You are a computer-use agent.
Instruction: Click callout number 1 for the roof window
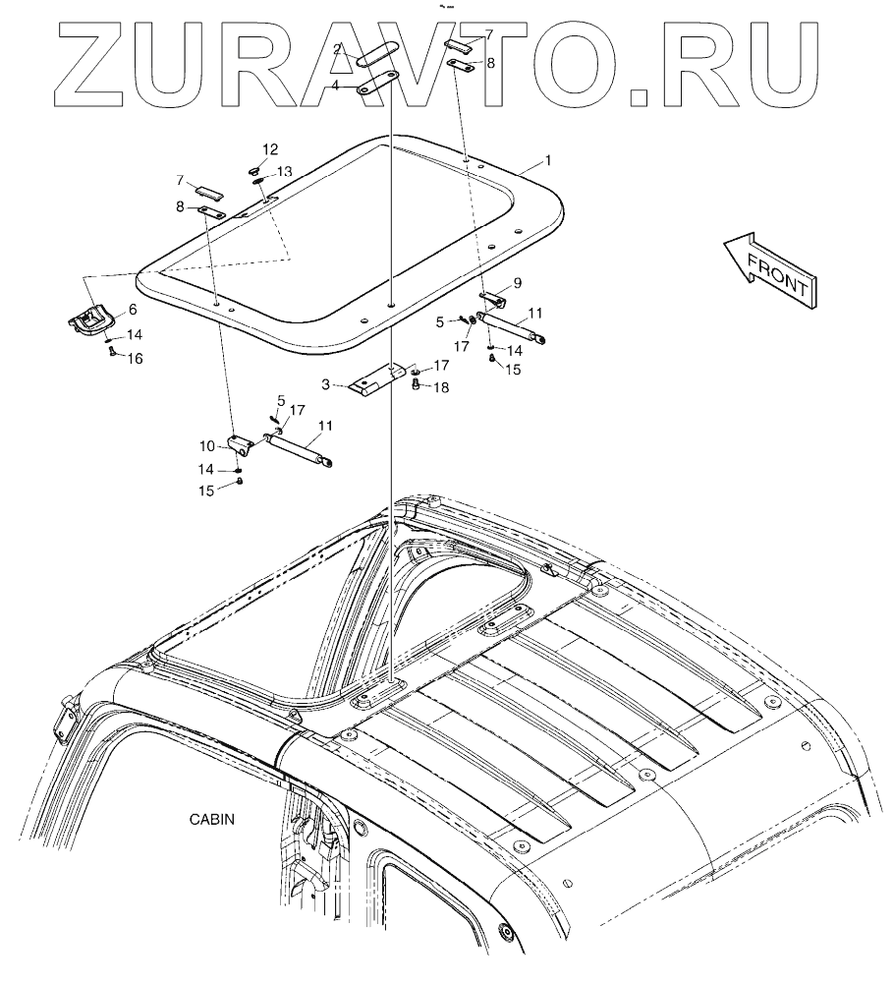click(x=548, y=159)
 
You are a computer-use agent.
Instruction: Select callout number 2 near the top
click(x=337, y=48)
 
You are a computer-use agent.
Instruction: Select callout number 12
click(x=270, y=149)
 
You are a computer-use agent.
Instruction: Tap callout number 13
click(x=284, y=171)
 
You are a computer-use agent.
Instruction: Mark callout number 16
click(x=134, y=360)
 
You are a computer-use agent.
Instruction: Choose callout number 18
click(x=442, y=389)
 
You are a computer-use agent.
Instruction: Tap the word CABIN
click(x=213, y=818)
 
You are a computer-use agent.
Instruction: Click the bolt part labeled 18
click(x=416, y=385)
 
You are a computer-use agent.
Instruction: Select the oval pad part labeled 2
click(x=376, y=55)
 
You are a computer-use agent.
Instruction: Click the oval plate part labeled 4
click(x=376, y=86)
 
